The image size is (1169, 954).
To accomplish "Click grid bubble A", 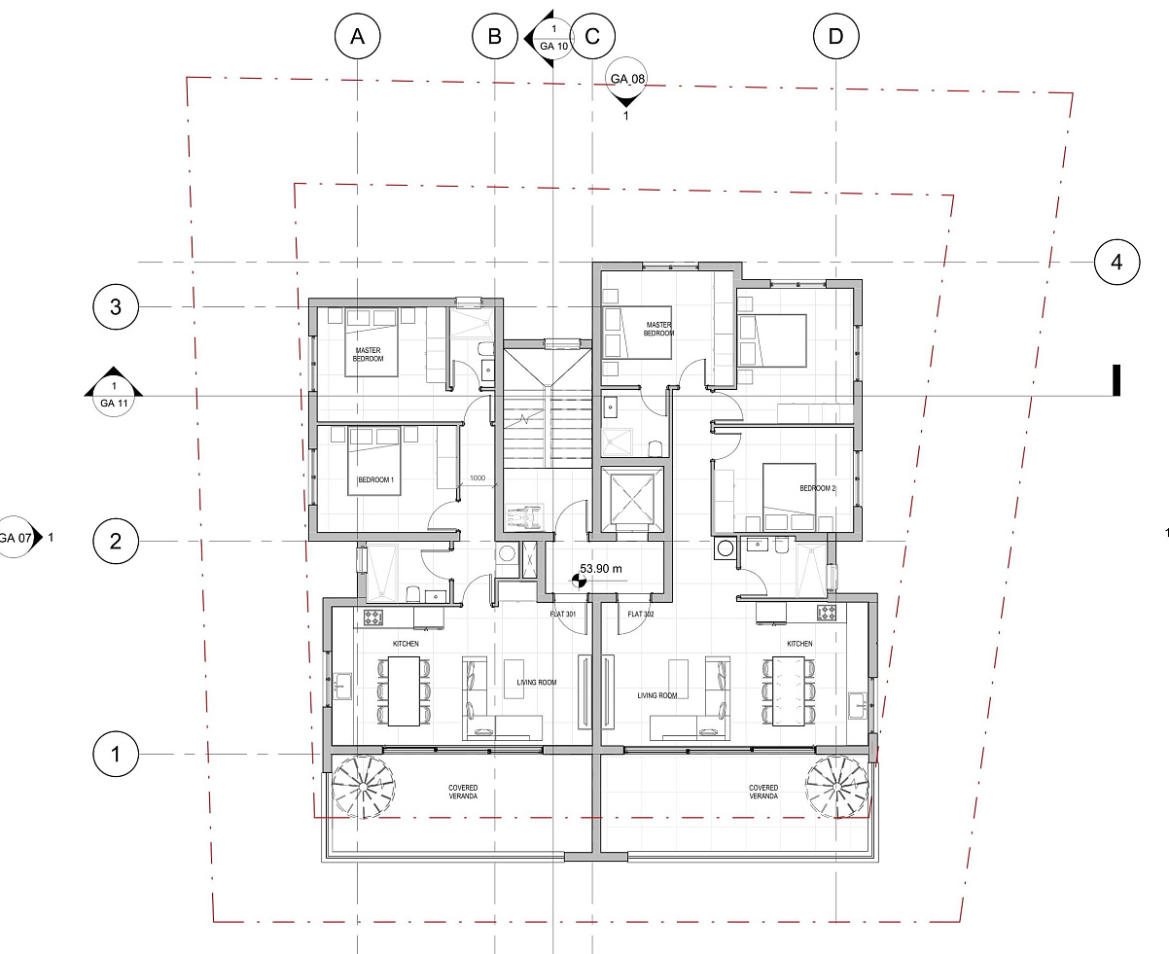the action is pos(358,37).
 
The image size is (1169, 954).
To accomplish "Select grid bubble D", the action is pos(835,37).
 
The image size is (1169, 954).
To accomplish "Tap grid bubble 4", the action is pos(1116,263).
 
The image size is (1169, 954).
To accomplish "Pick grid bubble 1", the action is pos(116,754).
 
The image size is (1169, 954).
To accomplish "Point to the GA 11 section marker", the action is pos(114,392).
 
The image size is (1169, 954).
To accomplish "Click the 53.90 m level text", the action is pos(601,569).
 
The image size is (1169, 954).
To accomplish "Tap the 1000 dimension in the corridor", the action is pos(478,477).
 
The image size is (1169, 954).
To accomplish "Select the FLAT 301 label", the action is pos(562,615).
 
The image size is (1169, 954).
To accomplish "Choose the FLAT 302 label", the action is pos(641,615).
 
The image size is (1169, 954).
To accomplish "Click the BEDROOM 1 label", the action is pos(375,480).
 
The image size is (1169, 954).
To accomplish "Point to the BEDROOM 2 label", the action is pos(818,488).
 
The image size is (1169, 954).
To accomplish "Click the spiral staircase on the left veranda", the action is pos(363,787).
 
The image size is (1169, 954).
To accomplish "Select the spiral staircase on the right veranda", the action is pos(837,787).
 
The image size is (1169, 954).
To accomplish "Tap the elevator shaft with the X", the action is pos(632,499).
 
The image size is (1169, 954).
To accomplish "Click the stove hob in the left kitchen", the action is pos(373,617).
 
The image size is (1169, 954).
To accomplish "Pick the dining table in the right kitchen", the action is pos(788,690).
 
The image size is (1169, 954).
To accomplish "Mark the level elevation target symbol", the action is pos(579,581).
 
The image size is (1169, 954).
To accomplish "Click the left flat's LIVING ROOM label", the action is pos(537,683).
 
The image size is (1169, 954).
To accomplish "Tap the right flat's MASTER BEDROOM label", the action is pos(658,329).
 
